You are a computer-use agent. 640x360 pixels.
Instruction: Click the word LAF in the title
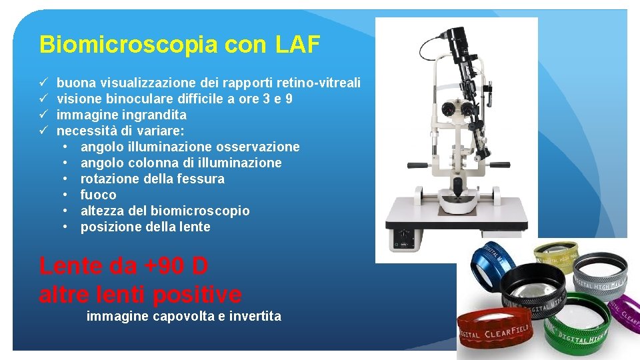pyautogui.click(x=297, y=45)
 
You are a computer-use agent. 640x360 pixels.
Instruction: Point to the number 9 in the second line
pyautogui.click(x=289, y=99)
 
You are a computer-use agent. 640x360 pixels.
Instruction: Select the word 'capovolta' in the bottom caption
pyautogui.click(x=181, y=316)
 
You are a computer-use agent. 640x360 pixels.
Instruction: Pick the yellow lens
pyautogui.click(x=557, y=257)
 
